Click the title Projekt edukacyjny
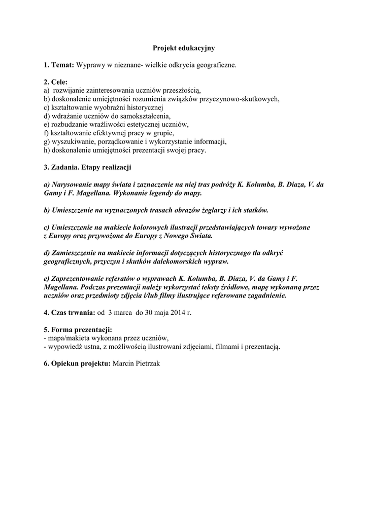pyautogui.click(x=184, y=48)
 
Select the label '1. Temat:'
pyautogui.click(x=59, y=65)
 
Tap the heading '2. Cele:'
pyautogui.click(x=55, y=82)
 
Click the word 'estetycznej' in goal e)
pyautogui.click(x=142, y=124)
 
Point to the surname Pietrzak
pyautogui.click(x=146, y=364)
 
